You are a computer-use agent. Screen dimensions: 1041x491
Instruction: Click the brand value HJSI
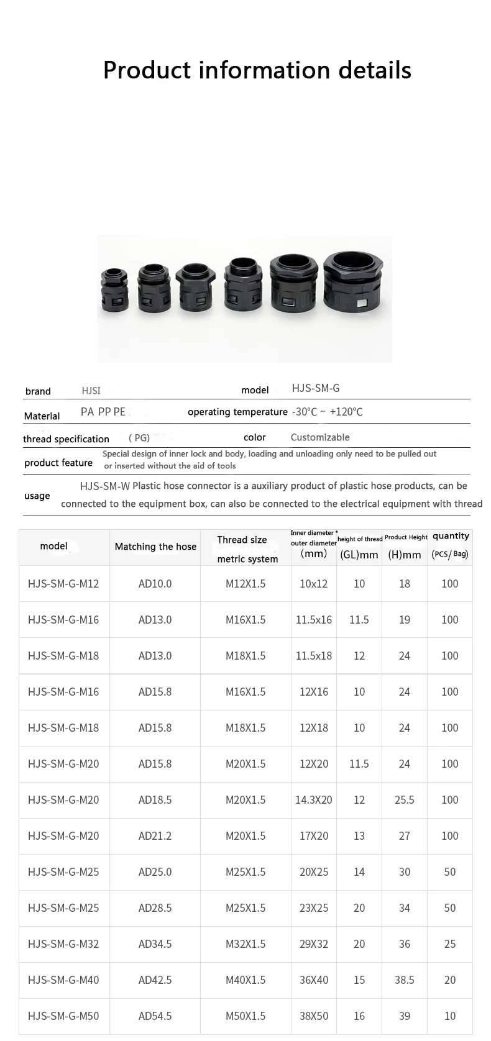coord(91,391)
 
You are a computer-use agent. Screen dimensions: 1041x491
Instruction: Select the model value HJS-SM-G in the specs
coord(316,388)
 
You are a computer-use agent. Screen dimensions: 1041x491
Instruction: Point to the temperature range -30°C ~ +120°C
coord(327,412)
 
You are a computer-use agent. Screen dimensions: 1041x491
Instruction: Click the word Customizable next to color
coord(320,437)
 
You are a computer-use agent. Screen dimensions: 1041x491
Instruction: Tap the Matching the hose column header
coord(155,547)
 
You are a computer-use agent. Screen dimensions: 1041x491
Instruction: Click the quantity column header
coord(451,536)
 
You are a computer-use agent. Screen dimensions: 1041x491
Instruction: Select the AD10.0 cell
coord(155,584)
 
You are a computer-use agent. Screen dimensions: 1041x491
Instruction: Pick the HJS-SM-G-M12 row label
coord(63,584)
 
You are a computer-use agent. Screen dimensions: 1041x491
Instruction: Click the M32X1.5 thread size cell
coord(245,944)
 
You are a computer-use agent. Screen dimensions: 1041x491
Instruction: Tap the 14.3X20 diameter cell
coord(314,800)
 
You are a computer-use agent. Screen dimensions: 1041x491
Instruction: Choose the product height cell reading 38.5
coord(405,980)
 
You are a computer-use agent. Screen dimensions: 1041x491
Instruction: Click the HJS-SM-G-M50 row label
coord(63,1016)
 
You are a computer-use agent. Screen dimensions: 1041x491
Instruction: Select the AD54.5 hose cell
coord(155,1016)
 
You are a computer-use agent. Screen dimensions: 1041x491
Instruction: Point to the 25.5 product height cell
coord(405,800)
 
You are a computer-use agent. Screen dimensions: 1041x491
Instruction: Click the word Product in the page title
coord(147,70)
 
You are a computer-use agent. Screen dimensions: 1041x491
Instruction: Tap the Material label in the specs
coord(42,416)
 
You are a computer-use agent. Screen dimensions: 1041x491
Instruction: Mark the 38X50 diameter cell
coord(314,1016)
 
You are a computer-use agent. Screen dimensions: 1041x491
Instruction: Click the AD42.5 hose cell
coord(155,980)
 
